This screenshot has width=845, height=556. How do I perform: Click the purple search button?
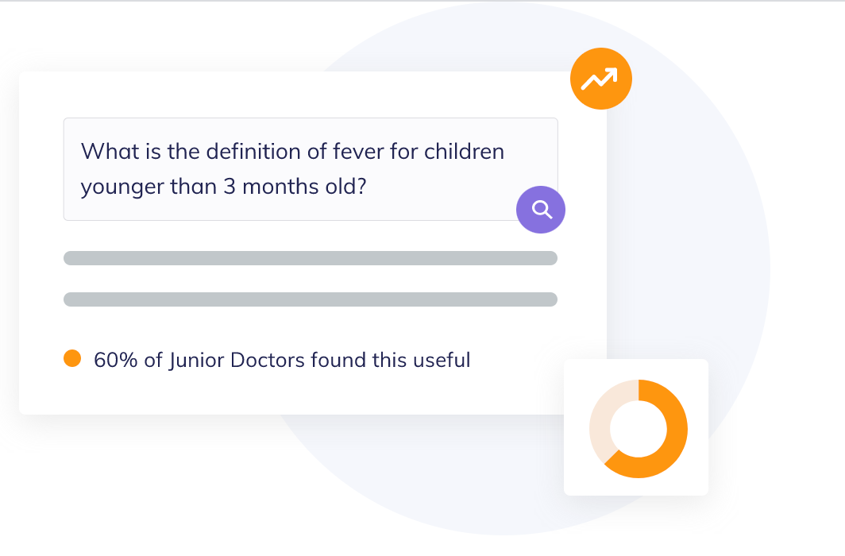(x=541, y=210)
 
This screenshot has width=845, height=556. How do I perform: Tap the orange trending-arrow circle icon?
(x=601, y=79)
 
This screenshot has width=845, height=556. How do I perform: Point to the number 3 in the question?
(x=230, y=187)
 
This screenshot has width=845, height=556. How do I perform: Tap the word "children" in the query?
(x=464, y=152)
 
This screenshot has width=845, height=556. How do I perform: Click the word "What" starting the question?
(x=110, y=152)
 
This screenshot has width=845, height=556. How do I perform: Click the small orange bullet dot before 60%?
(x=72, y=358)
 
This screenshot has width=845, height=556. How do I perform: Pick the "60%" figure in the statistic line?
(x=116, y=360)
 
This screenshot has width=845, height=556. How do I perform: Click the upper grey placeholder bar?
(x=311, y=258)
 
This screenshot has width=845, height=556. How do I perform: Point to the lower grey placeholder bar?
(x=311, y=299)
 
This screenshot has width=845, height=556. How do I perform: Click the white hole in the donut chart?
(x=639, y=429)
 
